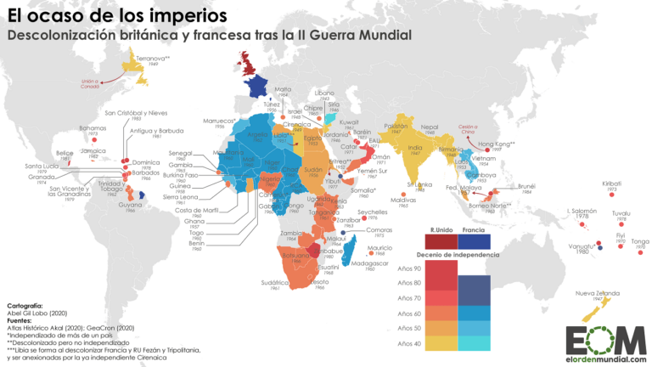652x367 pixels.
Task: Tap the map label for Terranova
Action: tap(154, 58)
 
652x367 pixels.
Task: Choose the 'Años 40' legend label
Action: tap(408, 343)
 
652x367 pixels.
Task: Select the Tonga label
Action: tap(639, 240)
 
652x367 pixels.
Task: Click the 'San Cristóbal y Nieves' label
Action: tap(136, 112)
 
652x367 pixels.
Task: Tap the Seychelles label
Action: tap(372, 212)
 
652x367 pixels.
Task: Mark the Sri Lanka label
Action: tap(419, 183)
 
